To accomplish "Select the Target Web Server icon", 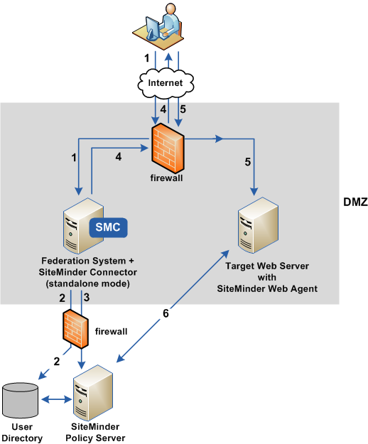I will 257,227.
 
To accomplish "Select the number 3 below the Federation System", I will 86,298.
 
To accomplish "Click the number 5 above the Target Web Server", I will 247,162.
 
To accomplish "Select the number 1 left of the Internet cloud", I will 147,55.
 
